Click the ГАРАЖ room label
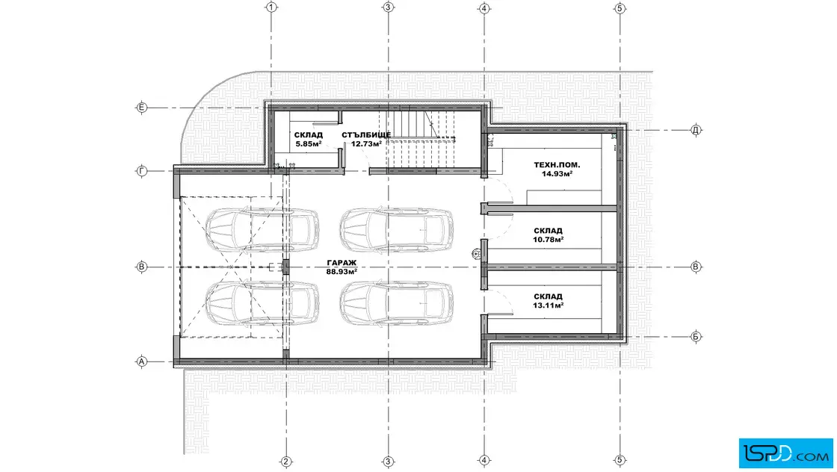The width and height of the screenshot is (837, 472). click(342, 263)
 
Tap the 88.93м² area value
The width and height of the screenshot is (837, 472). click(342, 272)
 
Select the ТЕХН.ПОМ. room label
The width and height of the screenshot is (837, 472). click(557, 165)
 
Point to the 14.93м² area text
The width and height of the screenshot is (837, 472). click(557, 174)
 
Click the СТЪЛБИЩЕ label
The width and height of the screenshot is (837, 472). click(366, 135)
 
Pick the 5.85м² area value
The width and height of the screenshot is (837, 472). click(309, 144)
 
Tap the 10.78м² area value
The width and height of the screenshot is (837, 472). click(549, 240)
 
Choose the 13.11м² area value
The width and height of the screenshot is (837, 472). click(549, 305)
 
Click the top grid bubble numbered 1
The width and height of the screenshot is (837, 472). click(272, 7)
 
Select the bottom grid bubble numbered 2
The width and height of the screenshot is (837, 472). click(285, 462)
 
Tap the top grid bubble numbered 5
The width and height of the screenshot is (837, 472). click(620, 8)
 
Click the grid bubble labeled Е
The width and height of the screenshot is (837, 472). click(141, 108)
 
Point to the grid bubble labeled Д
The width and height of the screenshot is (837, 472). click(696, 130)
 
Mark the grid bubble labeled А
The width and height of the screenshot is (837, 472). click(141, 361)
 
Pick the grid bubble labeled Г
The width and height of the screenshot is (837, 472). click(141, 171)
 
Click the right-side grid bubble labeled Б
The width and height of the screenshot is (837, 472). click(696, 337)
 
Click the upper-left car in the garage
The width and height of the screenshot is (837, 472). click(262, 229)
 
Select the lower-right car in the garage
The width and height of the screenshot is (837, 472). click(397, 303)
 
